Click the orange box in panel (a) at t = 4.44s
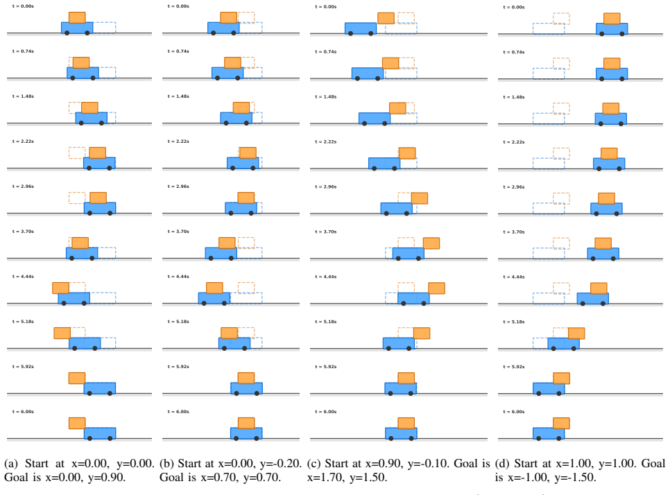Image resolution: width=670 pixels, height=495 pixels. (x=60, y=288)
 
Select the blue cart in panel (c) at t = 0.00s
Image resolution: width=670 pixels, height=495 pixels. (x=361, y=28)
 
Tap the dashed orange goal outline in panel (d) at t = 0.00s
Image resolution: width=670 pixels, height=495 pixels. (x=561, y=19)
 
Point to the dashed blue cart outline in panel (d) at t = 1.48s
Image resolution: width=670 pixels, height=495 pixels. (x=549, y=119)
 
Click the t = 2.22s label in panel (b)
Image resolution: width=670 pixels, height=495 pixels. (x=178, y=141)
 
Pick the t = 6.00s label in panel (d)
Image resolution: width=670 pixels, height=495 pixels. (x=514, y=412)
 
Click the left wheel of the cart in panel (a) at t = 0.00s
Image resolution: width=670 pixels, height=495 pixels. (x=67, y=33)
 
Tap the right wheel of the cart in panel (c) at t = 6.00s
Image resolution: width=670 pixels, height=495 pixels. (x=411, y=438)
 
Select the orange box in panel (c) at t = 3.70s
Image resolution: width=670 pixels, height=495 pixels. (x=431, y=243)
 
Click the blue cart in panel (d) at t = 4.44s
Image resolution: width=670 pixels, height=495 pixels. (x=592, y=298)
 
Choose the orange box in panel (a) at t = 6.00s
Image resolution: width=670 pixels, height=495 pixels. (x=77, y=424)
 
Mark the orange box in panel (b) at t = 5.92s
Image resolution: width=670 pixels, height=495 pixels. (x=246, y=378)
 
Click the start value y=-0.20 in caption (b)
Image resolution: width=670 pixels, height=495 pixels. (x=281, y=464)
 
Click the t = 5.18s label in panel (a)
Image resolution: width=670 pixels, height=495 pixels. (x=23, y=322)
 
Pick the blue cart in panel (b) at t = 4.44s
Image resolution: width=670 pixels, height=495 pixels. (x=214, y=298)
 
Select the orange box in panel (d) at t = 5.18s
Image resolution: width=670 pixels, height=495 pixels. (x=576, y=333)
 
